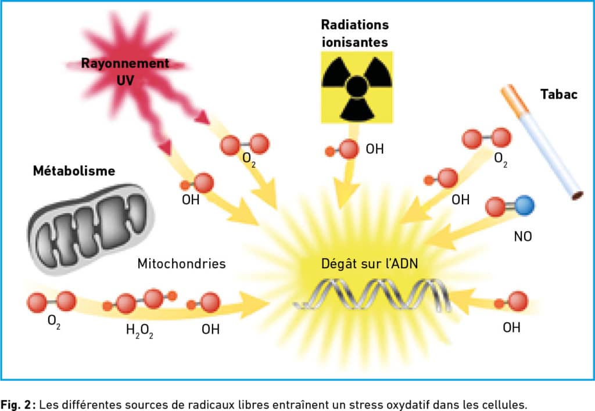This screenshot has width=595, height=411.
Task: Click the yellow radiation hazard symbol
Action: coord(357,87)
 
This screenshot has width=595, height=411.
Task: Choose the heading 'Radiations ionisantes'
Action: coord(354,34)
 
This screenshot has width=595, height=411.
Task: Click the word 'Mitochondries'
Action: coord(181,264)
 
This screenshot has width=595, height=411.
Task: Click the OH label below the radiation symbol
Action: coord(375,149)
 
